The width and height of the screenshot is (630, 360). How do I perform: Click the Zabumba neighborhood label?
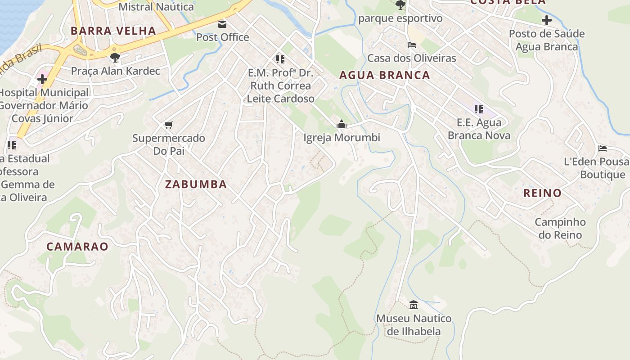pos(196,184)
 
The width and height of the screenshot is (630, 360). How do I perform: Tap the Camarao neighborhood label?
pos(77,247)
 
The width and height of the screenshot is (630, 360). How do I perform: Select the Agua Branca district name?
pos(384,75)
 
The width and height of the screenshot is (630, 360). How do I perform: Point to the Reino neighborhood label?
pos(542,193)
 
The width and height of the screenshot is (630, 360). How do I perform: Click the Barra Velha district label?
pos(113,31)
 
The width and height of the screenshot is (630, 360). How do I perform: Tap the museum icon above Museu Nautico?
pos(414,305)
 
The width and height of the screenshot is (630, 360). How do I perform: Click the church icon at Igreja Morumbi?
pos(342,124)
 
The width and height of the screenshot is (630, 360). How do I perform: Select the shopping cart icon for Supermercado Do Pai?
pos(168,125)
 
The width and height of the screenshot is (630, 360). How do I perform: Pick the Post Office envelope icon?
pos(222,24)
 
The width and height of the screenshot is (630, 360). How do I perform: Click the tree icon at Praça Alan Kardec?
pos(115,57)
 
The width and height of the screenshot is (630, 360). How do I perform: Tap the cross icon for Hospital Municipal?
pos(42,79)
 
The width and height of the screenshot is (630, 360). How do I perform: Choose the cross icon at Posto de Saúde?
pos(547,20)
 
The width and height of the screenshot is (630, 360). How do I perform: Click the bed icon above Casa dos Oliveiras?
pos(411,45)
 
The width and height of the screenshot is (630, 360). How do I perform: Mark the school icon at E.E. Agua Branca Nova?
pos(479,109)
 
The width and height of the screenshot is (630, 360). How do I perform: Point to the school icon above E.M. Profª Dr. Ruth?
pos(280,59)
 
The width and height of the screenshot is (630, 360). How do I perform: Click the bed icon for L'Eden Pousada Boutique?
pos(603,148)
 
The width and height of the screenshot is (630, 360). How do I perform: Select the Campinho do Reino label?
pos(560,228)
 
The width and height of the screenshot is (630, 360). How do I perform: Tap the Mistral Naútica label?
pos(156,7)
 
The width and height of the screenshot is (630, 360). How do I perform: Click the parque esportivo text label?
pos(400,18)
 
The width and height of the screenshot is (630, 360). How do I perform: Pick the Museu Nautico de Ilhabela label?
pos(414,325)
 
